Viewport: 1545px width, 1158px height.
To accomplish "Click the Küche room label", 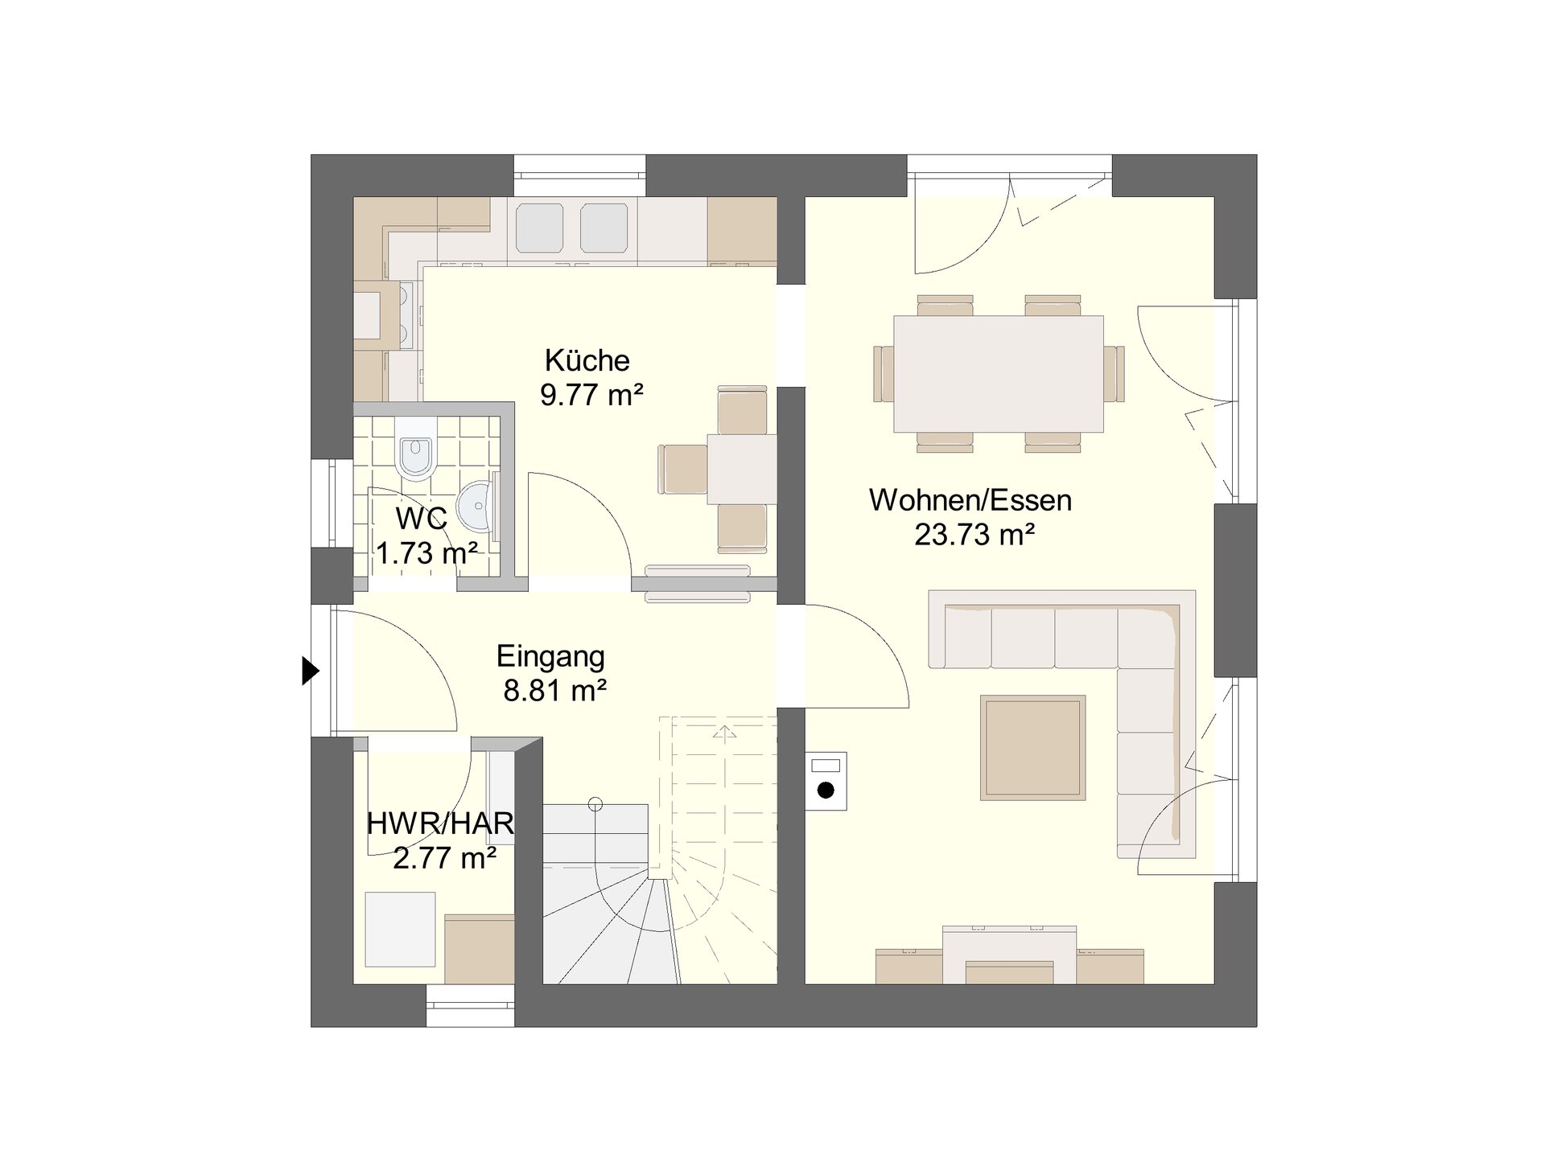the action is point(587,360).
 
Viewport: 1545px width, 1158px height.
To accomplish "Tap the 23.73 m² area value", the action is point(974,535).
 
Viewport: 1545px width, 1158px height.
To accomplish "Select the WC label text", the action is point(422,519).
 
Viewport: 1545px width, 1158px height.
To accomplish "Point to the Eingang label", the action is point(550,657).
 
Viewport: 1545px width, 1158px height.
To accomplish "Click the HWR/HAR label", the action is point(441,823).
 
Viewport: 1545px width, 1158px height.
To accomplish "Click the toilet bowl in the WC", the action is point(416,455).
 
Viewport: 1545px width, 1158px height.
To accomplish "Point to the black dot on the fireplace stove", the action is point(826,790).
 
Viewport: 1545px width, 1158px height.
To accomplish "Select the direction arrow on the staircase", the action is point(725,731).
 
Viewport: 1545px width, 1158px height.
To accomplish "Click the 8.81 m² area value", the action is point(555,691).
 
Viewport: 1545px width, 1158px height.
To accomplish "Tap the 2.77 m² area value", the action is point(444,858).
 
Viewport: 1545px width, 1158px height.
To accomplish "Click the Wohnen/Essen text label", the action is point(970,500).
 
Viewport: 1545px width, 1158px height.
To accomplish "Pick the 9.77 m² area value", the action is point(592,395).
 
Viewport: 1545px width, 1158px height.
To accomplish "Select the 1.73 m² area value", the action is point(427,553).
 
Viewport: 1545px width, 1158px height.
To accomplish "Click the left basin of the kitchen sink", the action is point(539,228).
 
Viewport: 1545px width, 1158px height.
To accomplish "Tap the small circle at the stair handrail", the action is point(595,803).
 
